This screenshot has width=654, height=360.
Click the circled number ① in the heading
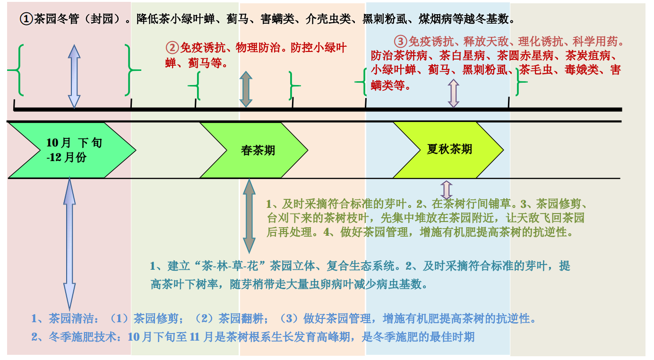pyautogui.click(x=26, y=19)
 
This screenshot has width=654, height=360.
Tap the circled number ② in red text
pyautogui.click(x=172, y=48)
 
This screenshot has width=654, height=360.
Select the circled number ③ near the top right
pyautogui.click(x=401, y=41)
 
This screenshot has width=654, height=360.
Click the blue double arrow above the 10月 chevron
pyautogui.click(x=74, y=77)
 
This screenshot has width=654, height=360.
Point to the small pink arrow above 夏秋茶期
pyautogui.click(x=454, y=93)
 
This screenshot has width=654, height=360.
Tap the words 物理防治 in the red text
pyautogui.click(x=256, y=48)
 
